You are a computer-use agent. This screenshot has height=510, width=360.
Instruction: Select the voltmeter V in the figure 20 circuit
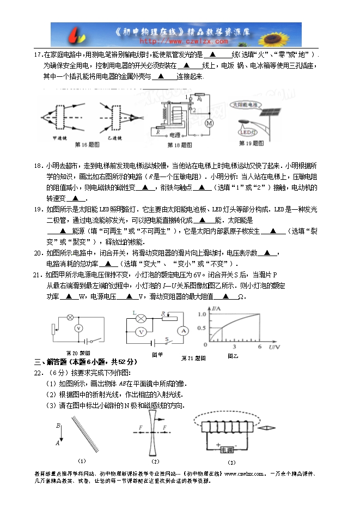(x=78, y=328)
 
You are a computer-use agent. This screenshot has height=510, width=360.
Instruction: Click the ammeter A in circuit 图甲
(x=184, y=331)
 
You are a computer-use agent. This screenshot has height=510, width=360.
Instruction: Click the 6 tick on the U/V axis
(x=259, y=347)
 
